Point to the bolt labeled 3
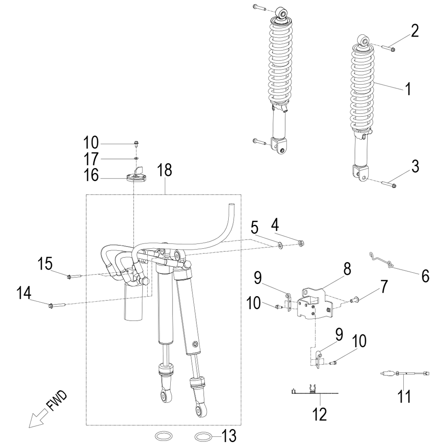pos(389,184)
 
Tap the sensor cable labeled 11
pos(405,373)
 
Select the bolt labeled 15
pos(74,276)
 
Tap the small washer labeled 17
pos(136,159)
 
